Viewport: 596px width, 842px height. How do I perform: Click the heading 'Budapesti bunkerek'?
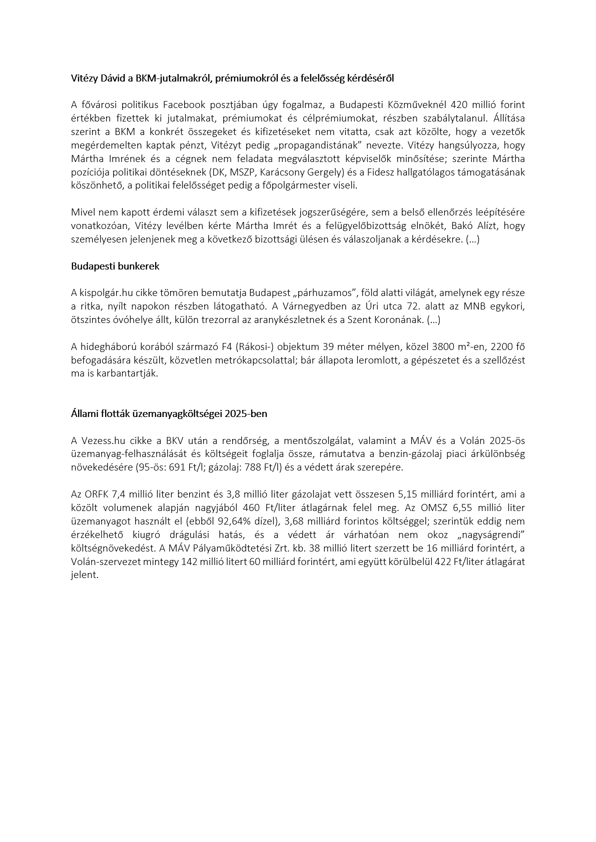pos(115,266)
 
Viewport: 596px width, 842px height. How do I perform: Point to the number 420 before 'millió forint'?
pos(460,105)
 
